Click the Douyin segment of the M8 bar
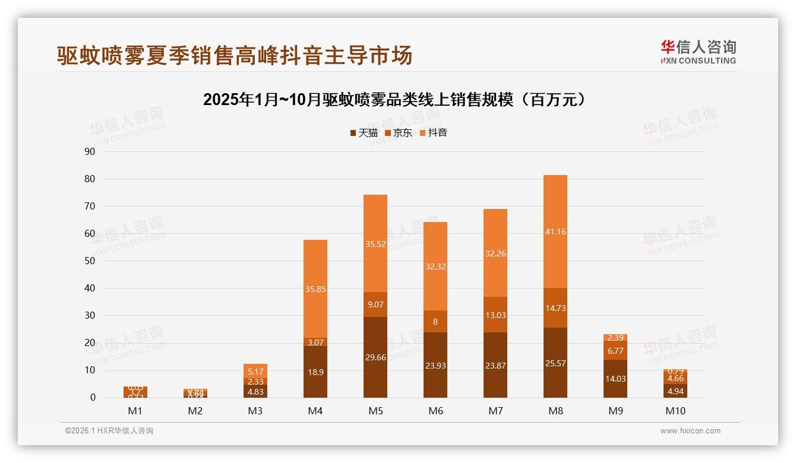coord(555,231)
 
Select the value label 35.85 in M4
coord(315,289)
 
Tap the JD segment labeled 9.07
coord(375,305)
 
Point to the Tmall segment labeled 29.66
coord(375,357)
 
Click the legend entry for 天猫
coord(364,133)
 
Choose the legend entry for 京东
coord(399,133)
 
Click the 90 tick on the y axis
coord(90,151)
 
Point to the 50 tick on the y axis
coord(90,261)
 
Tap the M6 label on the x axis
coord(435,411)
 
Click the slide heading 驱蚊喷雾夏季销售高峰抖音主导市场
coord(234,56)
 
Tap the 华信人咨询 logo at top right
coord(698,52)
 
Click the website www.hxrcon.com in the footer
coord(690,431)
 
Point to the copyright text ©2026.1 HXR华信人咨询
coord(109,431)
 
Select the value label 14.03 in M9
coord(615,379)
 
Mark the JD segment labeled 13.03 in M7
coord(495,315)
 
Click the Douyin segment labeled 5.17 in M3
coord(255,371)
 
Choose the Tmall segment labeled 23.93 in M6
coord(435,366)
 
